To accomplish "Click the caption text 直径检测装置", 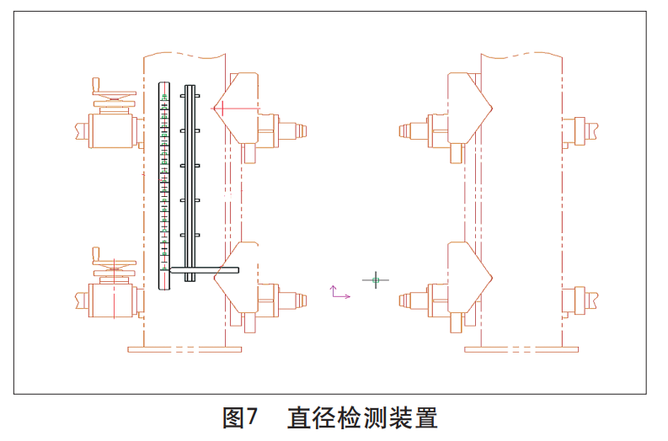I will [362, 418].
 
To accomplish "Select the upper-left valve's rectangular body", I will [113, 130].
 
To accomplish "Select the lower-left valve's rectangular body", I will [113, 300].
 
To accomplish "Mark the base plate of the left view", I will [184, 348].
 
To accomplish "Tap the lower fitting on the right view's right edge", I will [580, 299].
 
